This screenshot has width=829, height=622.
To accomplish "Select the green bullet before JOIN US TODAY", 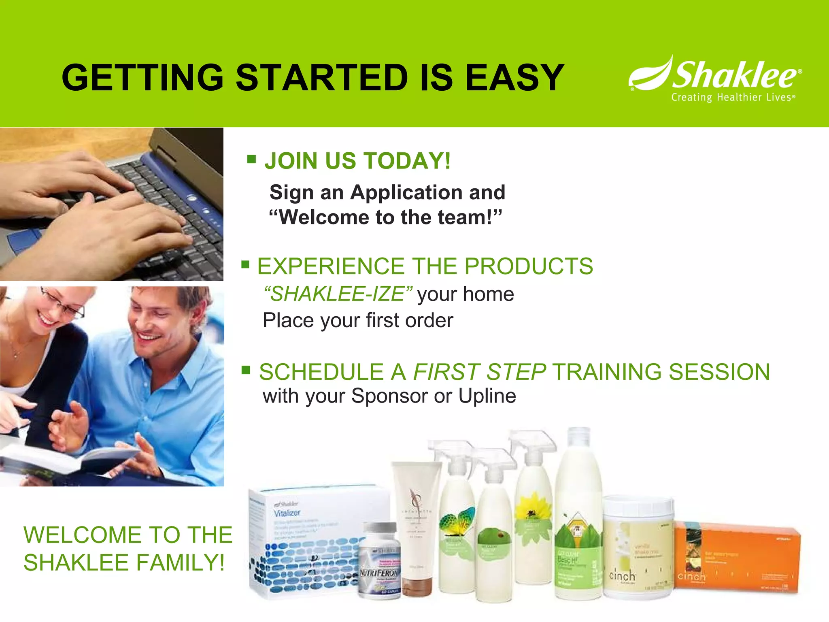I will pyautogui.click(x=251, y=159).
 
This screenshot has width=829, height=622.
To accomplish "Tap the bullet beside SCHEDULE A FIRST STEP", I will pyautogui.click(x=246, y=370).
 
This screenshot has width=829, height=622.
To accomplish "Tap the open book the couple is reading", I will pyautogui.click(x=69, y=460).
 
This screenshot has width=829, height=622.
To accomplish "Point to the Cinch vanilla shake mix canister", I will pyautogui.click(x=638, y=547).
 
